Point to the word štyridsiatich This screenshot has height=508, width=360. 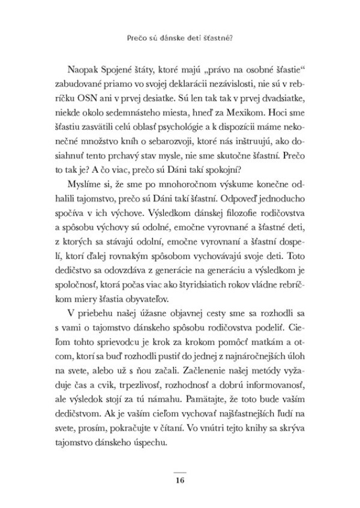click(196, 282)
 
